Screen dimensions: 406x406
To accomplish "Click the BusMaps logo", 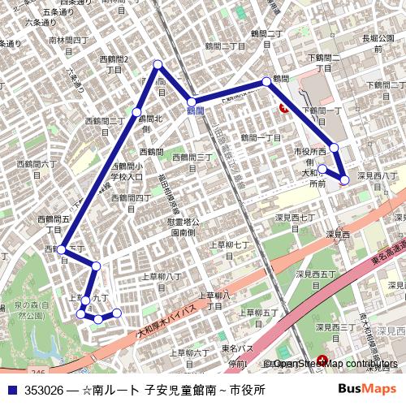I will coord(367,389).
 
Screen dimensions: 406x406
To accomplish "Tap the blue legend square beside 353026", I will coord(12,390).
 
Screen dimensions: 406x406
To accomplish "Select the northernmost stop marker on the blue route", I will coord(158,64).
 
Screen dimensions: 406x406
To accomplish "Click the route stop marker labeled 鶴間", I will coord(266,81).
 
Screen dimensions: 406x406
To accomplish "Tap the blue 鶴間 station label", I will coord(195,110).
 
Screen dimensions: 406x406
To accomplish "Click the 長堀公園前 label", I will coord(378,42).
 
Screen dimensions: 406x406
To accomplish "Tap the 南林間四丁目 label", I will coord(68,44).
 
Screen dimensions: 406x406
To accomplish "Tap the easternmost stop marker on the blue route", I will coord(345,179).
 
